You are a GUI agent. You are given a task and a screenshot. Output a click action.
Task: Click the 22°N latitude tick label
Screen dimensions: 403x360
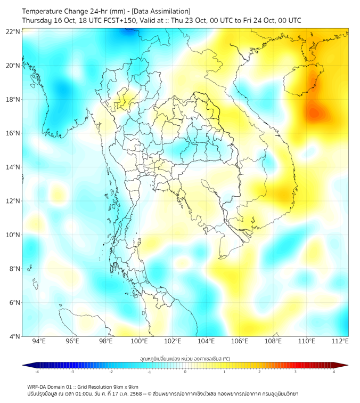(13, 32)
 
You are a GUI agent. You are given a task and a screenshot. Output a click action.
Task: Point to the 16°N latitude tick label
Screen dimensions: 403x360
(13, 133)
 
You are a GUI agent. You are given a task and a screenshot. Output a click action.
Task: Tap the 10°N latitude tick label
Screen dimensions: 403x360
(13, 235)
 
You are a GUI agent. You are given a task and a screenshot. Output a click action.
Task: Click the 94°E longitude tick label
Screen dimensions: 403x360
(39, 341)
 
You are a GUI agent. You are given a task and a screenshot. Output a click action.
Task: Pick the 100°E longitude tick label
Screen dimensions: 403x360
(140, 341)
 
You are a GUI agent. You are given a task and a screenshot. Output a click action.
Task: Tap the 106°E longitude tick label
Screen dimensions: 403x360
(240, 341)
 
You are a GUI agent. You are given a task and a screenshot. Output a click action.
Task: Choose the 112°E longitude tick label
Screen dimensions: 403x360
(341, 341)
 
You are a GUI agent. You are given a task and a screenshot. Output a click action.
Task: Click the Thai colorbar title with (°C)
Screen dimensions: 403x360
(185, 359)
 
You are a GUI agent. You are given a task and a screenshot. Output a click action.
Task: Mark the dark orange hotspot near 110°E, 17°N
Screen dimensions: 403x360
(313, 112)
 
